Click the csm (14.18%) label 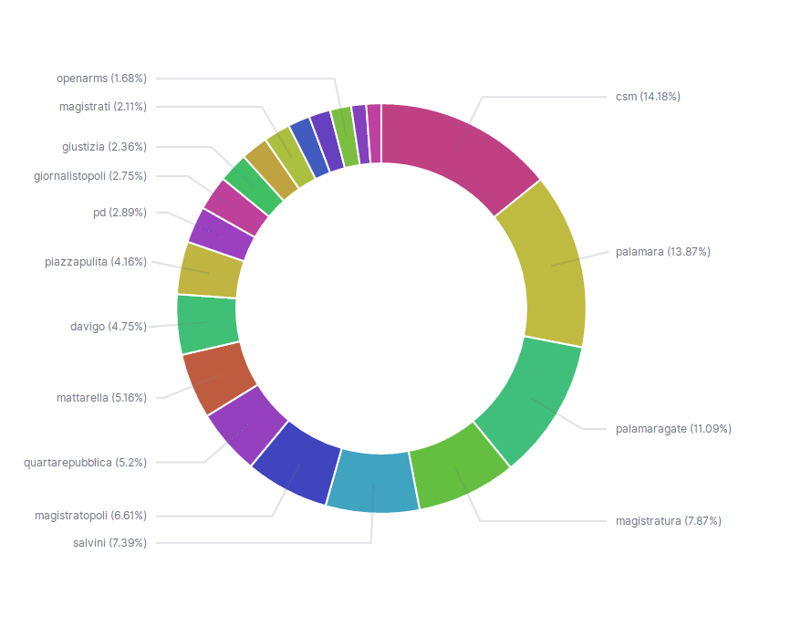click(648, 97)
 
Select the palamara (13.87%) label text click(663, 251)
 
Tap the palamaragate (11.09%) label click(673, 428)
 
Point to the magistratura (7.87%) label click(669, 521)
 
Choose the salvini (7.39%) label click(109, 543)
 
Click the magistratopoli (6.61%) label click(90, 516)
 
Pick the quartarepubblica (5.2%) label click(85, 463)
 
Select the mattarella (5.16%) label click(101, 398)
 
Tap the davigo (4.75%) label click(109, 326)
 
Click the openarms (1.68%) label click(101, 78)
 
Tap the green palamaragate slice click(529, 402)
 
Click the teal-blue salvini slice click(372, 481)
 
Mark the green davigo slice click(207, 323)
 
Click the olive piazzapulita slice click(211, 270)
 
